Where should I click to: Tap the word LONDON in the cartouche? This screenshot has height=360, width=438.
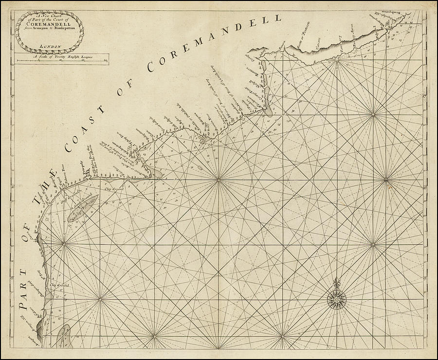[49, 47]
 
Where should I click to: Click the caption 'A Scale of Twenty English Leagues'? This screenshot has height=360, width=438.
[62, 56]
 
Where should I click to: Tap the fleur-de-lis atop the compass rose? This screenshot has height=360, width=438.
[336, 283]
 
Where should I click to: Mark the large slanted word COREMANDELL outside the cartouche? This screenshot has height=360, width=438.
[214, 44]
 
